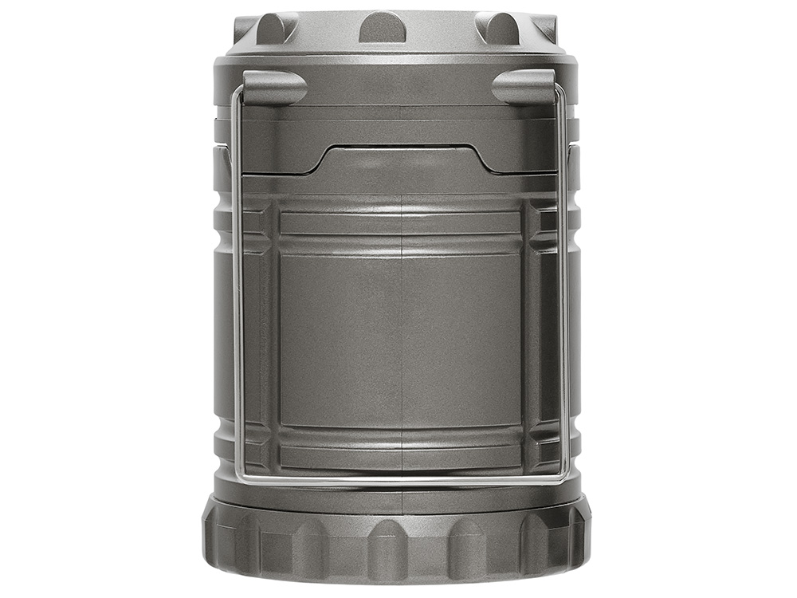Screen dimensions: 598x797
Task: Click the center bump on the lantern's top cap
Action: click(x=383, y=27)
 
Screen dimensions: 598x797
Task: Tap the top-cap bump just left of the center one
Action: click(x=276, y=28)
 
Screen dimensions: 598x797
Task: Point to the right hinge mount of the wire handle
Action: click(x=524, y=86)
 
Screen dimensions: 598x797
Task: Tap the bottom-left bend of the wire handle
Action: click(x=238, y=477)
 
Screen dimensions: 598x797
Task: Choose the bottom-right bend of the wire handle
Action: click(x=563, y=477)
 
